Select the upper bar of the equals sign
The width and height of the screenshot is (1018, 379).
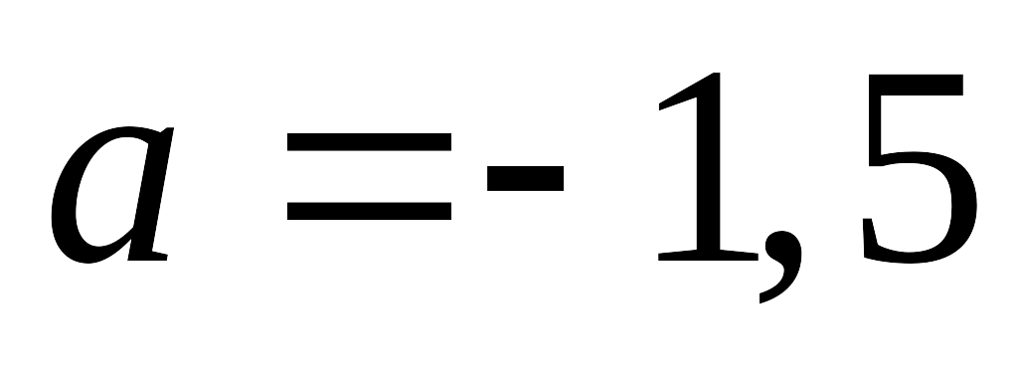(369, 141)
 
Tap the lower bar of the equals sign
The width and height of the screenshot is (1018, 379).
(369, 211)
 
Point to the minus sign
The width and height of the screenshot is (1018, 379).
(525, 178)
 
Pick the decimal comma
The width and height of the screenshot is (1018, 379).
(781, 264)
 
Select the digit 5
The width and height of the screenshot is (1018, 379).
(920, 169)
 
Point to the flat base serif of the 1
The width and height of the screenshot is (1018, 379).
(708, 255)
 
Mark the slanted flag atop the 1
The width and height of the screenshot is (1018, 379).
(678, 97)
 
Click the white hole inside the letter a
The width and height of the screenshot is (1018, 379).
(107, 192)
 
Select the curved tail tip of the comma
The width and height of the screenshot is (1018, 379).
(761, 299)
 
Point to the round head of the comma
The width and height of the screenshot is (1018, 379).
(781, 246)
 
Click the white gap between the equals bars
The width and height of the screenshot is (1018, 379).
(369, 176)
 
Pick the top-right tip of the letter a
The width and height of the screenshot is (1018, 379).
(171, 128)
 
